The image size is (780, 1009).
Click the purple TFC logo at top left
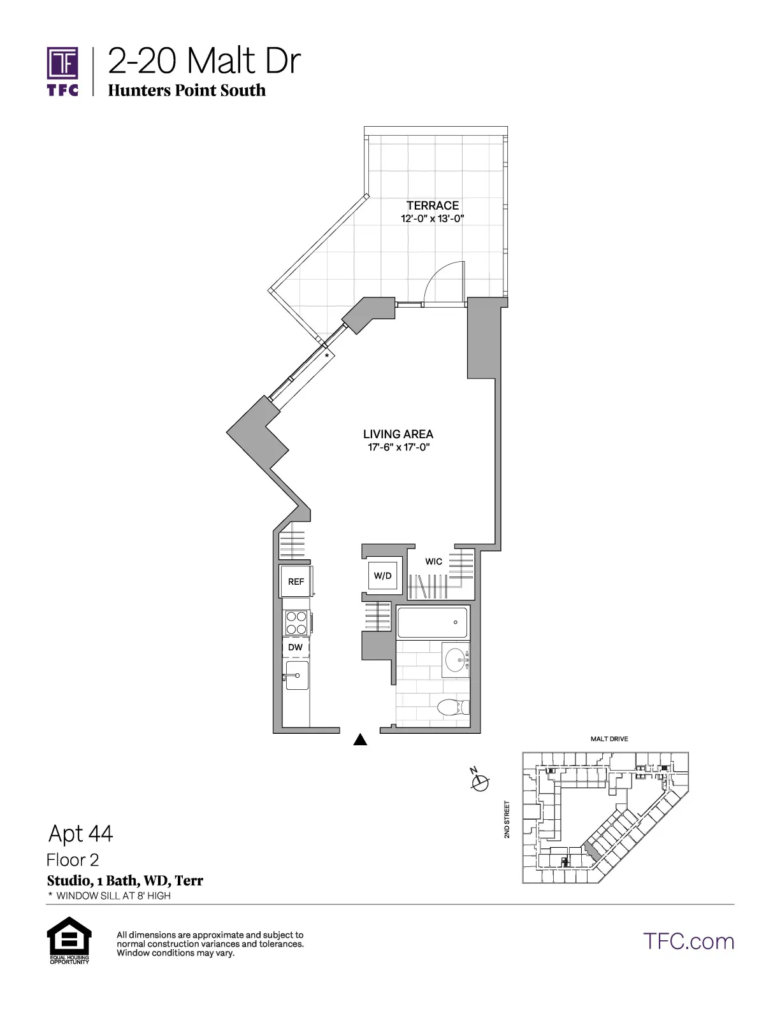pos(62,70)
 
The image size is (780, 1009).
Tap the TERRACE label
pos(433,205)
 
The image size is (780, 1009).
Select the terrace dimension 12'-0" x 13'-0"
pos(432,218)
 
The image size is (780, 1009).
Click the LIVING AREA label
pos(398,434)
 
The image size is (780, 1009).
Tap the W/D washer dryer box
pos(382,576)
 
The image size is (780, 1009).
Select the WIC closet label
pos(433,561)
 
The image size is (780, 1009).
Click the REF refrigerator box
pos(296,582)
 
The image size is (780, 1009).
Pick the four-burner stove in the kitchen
pos(296,622)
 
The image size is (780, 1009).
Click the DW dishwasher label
pos(295,647)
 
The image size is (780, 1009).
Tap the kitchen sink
pos(296,675)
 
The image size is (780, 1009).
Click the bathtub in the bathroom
pos(432,622)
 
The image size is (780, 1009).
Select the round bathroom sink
pos(456,661)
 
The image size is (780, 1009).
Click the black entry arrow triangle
pos(361,739)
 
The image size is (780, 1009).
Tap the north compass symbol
pos(480,781)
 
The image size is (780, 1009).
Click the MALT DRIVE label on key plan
pos(609,739)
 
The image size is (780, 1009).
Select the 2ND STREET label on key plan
pos(507,819)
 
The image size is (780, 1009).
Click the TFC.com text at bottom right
pos(688,941)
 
